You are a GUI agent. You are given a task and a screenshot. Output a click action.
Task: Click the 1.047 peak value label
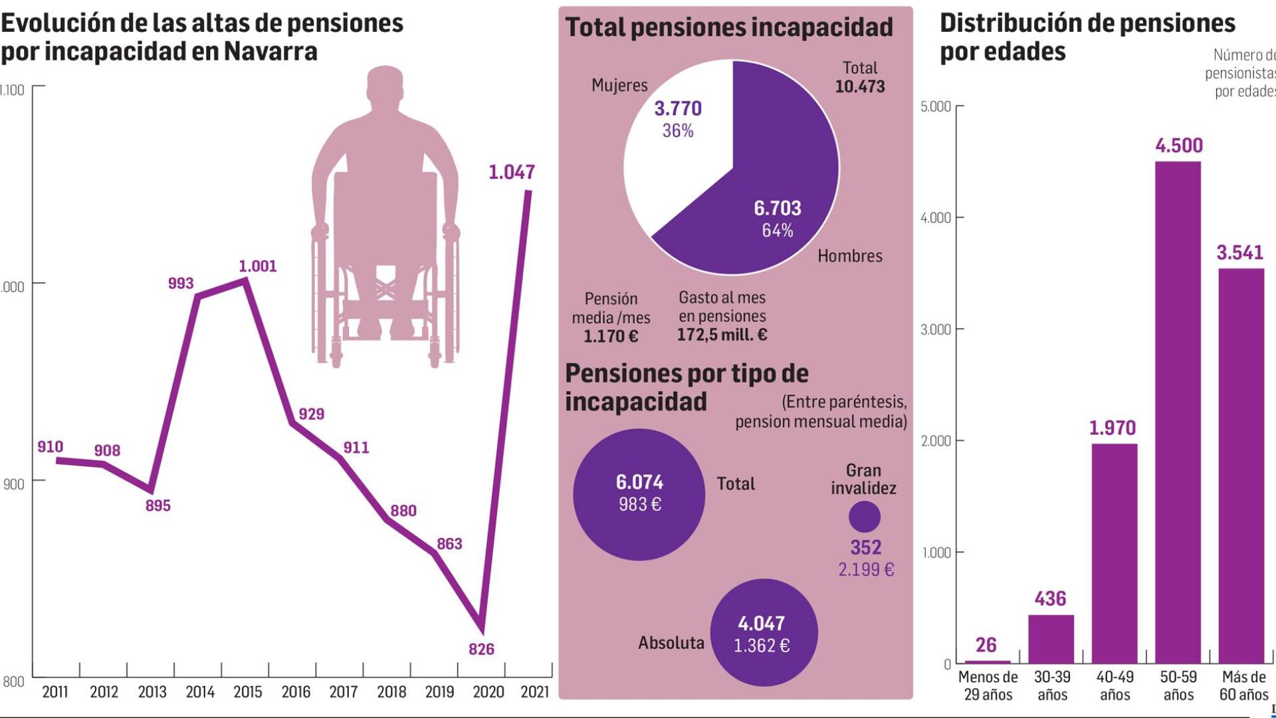(511, 172)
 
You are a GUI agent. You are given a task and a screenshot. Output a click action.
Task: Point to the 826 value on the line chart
(481, 649)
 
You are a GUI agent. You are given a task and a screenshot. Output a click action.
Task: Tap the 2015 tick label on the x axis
(248, 692)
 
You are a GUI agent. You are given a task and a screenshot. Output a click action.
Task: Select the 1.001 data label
(257, 266)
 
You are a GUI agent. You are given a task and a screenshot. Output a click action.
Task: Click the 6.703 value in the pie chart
(777, 208)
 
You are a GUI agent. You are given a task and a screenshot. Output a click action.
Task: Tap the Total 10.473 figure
(859, 86)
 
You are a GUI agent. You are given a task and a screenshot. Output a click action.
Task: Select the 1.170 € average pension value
(610, 336)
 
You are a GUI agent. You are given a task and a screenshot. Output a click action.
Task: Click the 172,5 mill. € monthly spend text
(722, 334)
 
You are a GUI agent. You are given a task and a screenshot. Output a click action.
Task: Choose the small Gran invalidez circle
(864, 517)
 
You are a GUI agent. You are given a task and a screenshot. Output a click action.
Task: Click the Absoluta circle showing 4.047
(763, 632)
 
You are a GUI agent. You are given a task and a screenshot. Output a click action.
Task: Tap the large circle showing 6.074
(639, 494)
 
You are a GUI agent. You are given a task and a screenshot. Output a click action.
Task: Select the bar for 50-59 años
(1178, 412)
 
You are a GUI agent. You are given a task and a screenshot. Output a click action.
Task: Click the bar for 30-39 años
(1051, 638)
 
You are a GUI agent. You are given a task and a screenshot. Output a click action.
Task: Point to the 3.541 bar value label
(1239, 253)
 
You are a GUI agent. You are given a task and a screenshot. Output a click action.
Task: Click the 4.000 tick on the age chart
(935, 218)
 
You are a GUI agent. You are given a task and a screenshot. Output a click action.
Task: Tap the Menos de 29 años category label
(987, 685)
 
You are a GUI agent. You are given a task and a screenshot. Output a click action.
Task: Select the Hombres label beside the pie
(849, 256)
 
